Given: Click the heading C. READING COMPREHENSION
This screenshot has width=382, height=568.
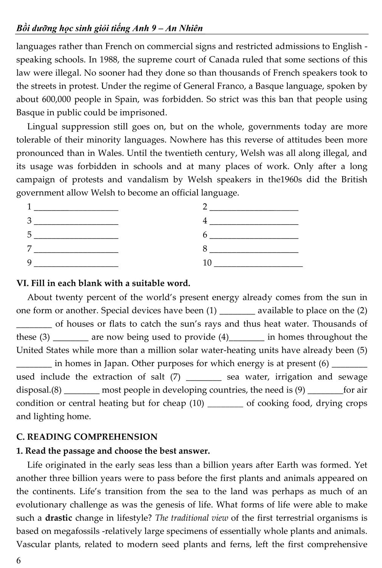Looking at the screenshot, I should tap(87, 437).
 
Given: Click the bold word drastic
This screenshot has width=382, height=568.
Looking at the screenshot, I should tap(59, 518).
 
